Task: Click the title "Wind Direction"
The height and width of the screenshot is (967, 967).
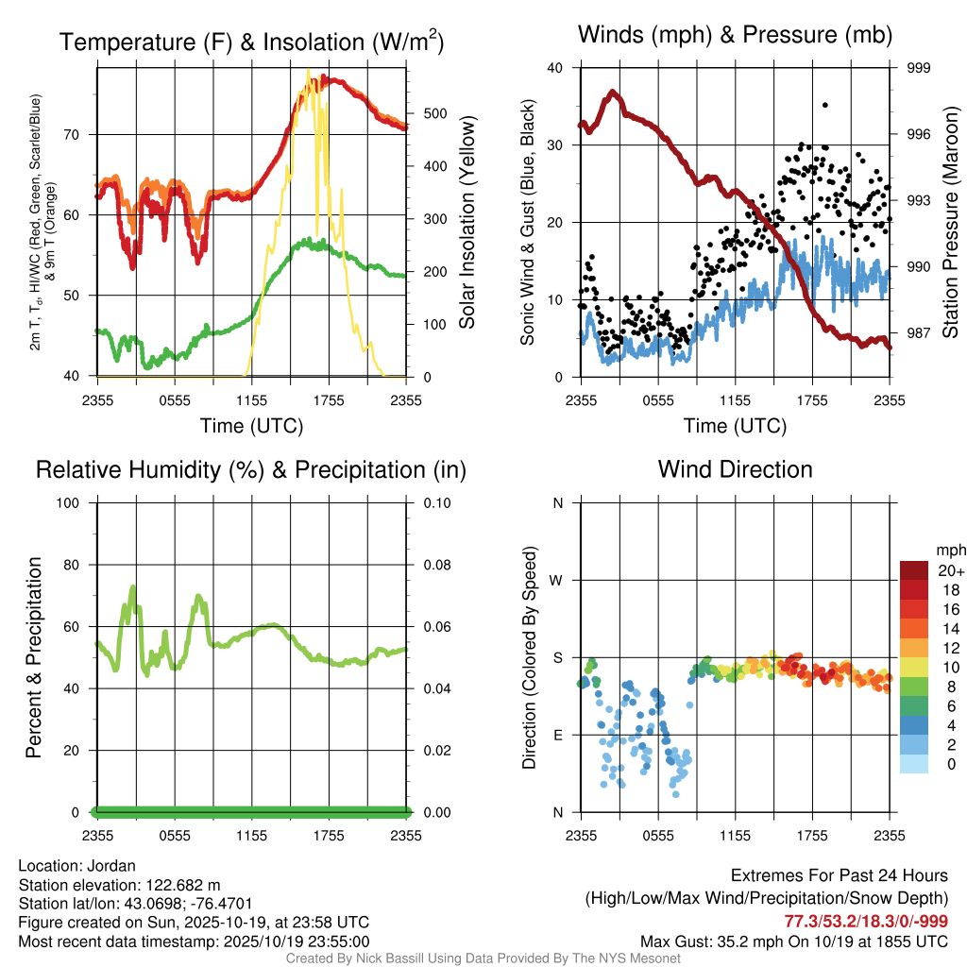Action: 735,469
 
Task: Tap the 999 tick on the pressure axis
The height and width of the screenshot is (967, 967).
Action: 919,68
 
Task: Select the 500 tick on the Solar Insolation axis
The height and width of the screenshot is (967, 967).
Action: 434,113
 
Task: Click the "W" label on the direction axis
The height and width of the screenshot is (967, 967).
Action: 557,580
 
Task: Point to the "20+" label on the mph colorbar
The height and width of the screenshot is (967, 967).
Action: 950,570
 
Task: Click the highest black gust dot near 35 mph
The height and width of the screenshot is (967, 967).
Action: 824,105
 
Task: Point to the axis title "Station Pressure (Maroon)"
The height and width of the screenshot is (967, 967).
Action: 950,222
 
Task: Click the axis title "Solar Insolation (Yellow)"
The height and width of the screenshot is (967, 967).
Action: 467,222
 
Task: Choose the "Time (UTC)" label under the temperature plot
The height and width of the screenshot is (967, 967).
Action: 251,426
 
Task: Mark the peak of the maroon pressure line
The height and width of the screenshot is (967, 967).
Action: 614,93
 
